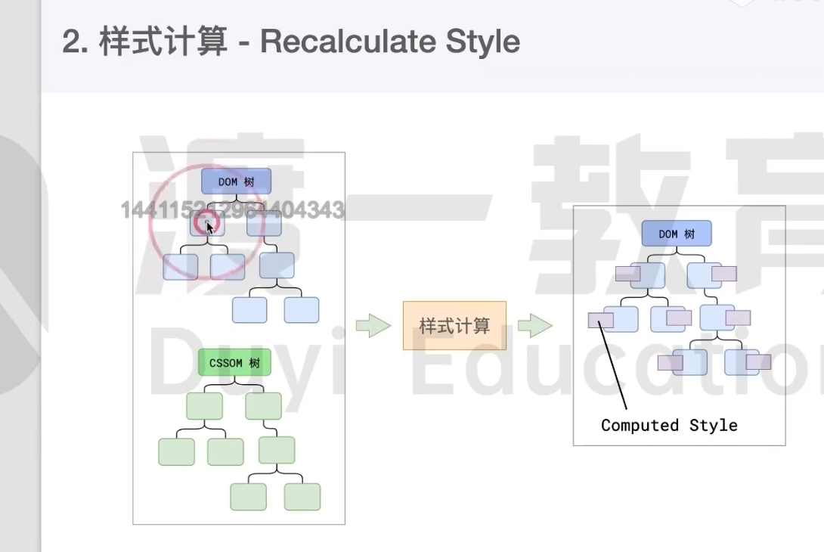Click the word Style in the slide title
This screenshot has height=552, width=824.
(482, 42)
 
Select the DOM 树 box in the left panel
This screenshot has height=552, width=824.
(236, 181)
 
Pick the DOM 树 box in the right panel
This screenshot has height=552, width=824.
(677, 234)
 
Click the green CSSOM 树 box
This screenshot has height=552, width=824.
(234, 363)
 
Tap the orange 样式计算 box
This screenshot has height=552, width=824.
(454, 326)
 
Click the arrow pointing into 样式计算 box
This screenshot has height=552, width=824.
(373, 326)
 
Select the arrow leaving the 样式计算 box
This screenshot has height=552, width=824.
(535, 326)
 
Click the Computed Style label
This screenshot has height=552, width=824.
(669, 425)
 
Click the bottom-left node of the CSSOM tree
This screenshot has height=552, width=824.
(249, 496)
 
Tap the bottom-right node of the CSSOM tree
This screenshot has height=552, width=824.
(302, 496)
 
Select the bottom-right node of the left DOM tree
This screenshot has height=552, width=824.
(301, 309)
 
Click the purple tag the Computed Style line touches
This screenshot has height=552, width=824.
(600, 321)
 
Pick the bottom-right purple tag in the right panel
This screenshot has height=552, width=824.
(758, 362)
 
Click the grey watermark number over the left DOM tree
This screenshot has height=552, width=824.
(233, 209)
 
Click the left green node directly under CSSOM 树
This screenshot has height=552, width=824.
(204, 406)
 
